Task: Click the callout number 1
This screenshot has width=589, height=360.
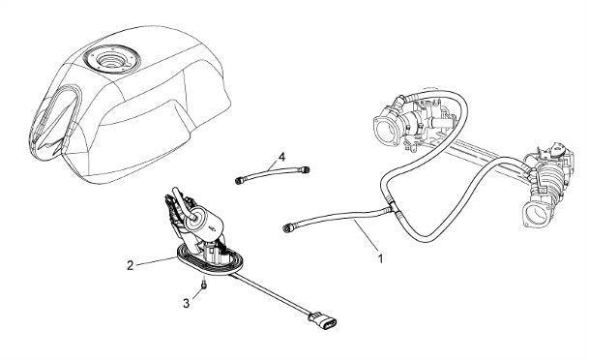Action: pyautogui.click(x=380, y=258)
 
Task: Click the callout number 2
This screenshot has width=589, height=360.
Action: pyautogui.click(x=130, y=266)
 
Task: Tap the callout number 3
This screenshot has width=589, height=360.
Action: pyautogui.click(x=187, y=303)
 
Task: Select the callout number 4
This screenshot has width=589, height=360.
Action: pyautogui.click(x=281, y=156)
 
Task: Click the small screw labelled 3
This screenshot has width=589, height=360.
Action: pyautogui.click(x=204, y=285)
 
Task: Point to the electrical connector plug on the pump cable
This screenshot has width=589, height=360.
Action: pyautogui.click(x=323, y=321)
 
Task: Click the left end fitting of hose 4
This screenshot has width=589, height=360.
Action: pyautogui.click(x=238, y=181)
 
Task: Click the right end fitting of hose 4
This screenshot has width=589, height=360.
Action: pyautogui.click(x=307, y=169)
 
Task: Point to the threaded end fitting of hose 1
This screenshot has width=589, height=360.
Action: pyautogui.click(x=288, y=227)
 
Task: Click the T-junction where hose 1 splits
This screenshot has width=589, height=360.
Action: pyautogui.click(x=391, y=206)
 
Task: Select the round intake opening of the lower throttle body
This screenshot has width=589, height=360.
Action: pyautogui.click(x=536, y=215)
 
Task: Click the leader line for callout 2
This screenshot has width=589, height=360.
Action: pyautogui.click(x=157, y=261)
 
